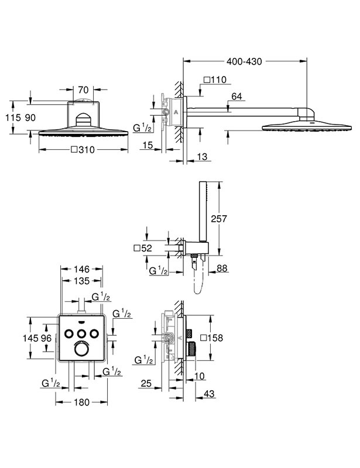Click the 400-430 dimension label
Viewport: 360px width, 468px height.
coord(244,62)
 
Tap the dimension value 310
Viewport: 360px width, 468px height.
coord(87,150)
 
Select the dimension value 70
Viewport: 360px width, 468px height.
coord(83,90)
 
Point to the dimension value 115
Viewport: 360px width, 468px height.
coord(13,118)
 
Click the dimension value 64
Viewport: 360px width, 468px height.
coord(236,97)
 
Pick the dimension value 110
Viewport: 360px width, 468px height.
coord(218,80)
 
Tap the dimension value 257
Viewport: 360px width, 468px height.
coord(219,219)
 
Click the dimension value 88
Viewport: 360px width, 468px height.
coord(222,269)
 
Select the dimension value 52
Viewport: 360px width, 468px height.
coord(147,248)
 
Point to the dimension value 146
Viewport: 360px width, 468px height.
coord(81,269)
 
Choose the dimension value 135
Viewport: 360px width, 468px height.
coord(81,281)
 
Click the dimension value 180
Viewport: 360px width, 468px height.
coord(81,402)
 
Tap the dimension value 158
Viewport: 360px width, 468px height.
coord(215,338)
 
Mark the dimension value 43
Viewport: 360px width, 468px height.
coord(209,394)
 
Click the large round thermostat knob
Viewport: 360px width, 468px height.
coord(81,348)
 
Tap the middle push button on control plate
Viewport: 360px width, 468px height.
coord(81,333)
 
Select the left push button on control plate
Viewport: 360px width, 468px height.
coord(69,333)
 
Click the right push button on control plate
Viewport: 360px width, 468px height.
coord(94,333)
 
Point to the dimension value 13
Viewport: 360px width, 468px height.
coord(203,157)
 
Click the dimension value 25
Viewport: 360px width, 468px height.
coord(146,383)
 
